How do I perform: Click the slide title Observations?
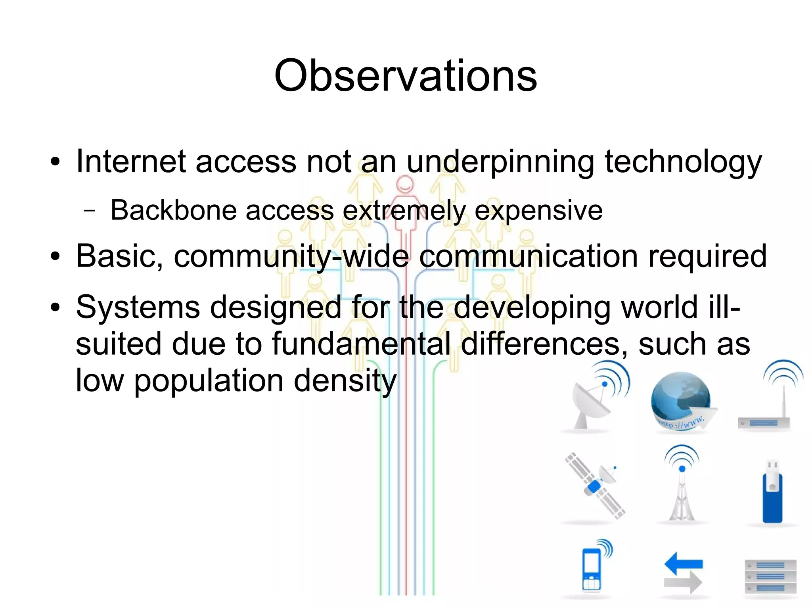coord(405,75)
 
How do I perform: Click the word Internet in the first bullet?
coord(131,161)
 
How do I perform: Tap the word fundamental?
coord(361,344)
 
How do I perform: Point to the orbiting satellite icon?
coord(595,486)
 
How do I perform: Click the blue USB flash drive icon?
coord(772,494)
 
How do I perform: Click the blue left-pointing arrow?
coord(683,563)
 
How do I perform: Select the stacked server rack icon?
coord(770,576)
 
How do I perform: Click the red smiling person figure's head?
coord(405,184)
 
